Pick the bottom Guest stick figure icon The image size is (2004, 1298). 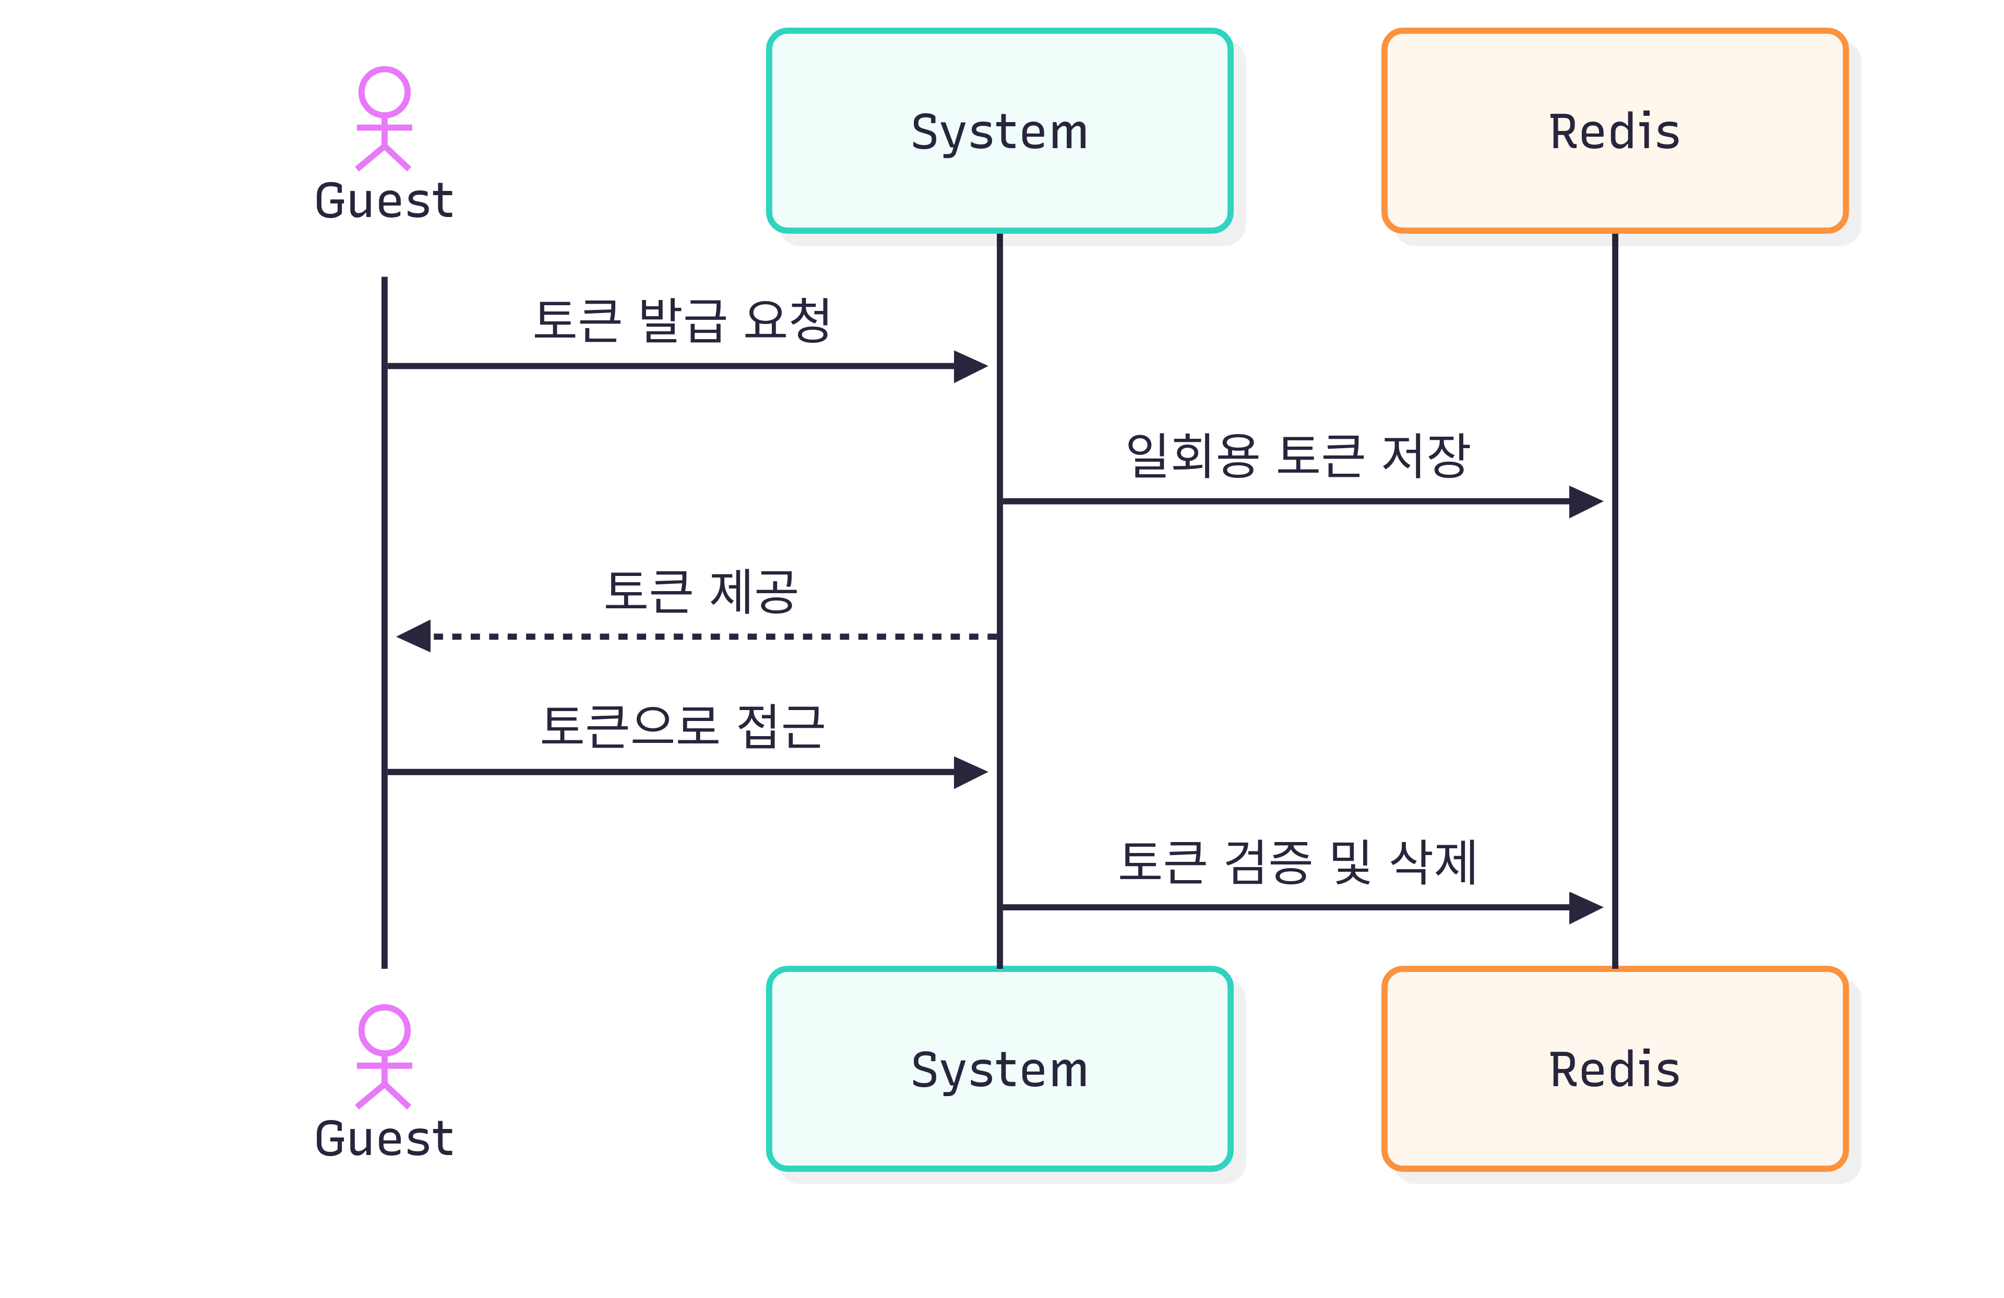384,1056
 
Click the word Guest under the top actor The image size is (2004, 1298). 384,201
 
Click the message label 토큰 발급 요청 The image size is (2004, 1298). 682,321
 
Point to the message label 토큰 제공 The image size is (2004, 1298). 700,591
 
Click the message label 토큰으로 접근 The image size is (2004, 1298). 682,726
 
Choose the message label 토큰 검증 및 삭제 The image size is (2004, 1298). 1297,862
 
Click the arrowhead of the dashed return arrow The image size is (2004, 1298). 414,636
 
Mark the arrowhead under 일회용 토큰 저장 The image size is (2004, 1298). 1585,502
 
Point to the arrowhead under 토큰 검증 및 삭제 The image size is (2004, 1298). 1585,907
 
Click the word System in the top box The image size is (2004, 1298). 999,132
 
